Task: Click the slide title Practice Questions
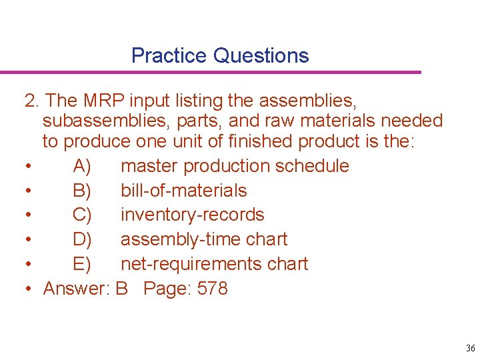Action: (220, 55)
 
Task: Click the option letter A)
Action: (82, 166)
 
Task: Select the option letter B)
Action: (82, 191)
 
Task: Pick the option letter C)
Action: (83, 215)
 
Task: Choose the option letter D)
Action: (83, 239)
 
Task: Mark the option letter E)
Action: (82, 264)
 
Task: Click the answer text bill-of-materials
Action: (183, 191)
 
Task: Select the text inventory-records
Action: (192, 215)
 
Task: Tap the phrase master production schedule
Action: (235, 166)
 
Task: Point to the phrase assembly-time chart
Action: (204, 239)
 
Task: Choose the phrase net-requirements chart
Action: (214, 264)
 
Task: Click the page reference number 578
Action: (213, 289)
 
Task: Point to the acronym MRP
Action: (105, 101)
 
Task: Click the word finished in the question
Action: (263, 141)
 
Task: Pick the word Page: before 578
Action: (168, 289)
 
